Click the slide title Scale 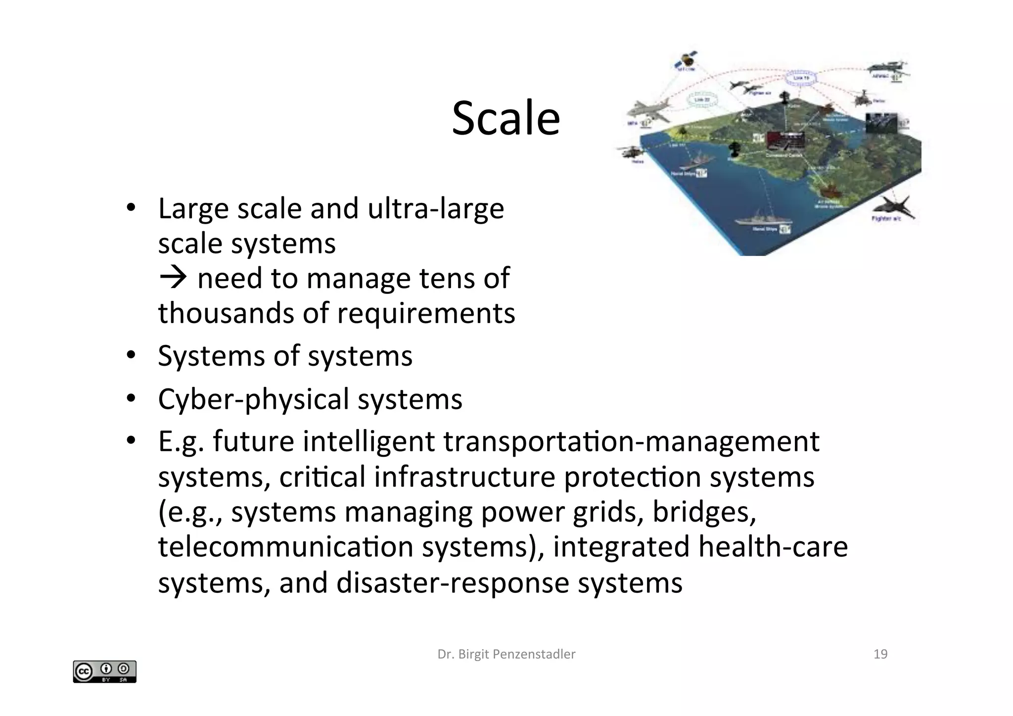[x=506, y=118]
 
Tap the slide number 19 [x=880, y=654]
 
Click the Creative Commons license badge [x=104, y=671]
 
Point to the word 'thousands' [x=226, y=313]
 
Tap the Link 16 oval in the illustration [x=801, y=78]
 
